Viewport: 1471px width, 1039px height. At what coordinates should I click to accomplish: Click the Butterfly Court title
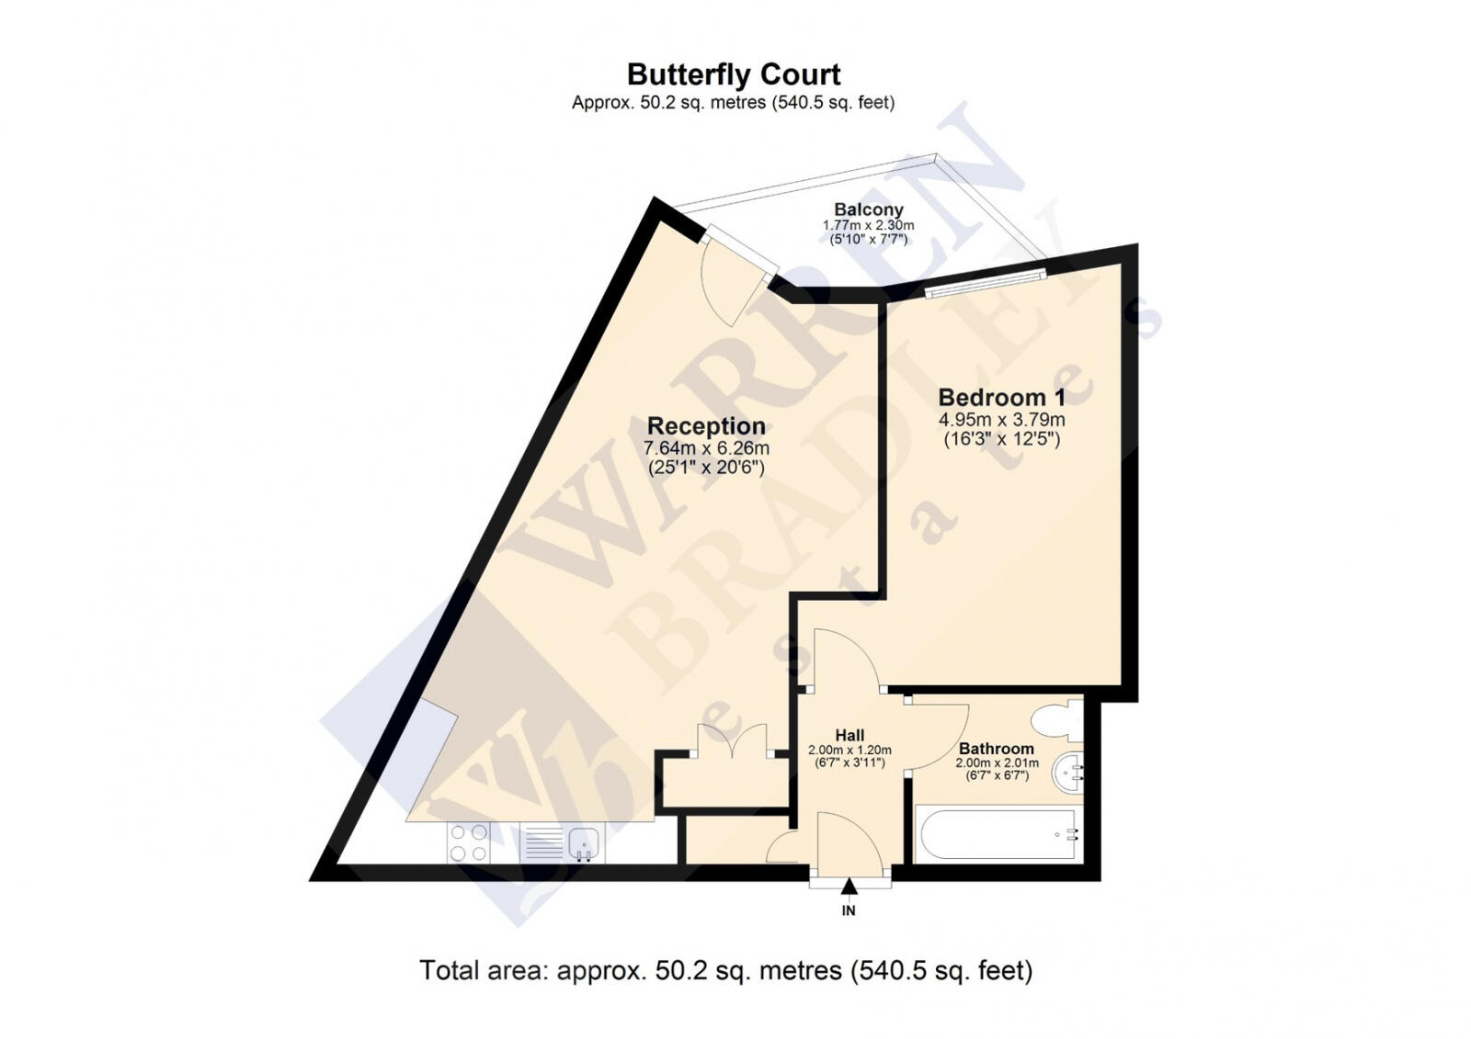(x=734, y=74)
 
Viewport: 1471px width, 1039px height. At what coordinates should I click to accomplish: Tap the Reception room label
(x=706, y=426)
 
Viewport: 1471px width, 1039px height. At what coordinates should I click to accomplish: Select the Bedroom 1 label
(x=1001, y=398)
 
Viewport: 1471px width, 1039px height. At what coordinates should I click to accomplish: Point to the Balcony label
(x=868, y=209)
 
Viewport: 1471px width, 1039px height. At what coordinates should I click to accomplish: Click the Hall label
(x=850, y=735)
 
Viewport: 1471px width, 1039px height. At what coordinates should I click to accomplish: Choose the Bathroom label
(x=996, y=749)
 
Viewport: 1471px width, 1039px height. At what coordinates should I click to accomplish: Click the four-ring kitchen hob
(x=468, y=841)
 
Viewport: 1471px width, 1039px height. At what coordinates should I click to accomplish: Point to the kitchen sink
(x=561, y=842)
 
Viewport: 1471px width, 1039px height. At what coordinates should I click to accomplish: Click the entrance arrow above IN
(x=849, y=887)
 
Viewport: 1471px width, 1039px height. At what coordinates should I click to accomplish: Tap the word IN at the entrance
(x=849, y=910)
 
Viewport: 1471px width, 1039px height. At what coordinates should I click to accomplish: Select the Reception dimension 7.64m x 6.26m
(x=706, y=448)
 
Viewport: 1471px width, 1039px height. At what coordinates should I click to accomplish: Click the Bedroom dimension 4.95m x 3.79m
(x=1001, y=420)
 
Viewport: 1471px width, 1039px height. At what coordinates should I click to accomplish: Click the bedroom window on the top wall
(x=986, y=281)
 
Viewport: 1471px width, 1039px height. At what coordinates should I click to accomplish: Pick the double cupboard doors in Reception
(x=732, y=740)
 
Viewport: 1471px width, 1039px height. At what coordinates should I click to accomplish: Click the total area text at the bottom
(x=725, y=970)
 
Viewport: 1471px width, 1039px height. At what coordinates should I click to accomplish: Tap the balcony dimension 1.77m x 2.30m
(x=868, y=225)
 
